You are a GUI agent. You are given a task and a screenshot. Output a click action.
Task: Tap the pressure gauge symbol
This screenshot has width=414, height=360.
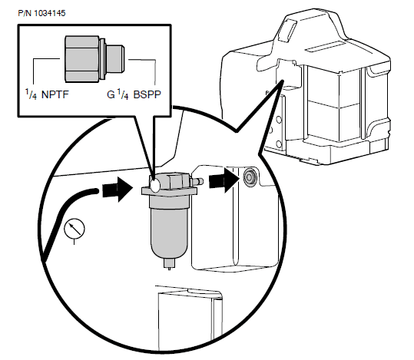point(75,229)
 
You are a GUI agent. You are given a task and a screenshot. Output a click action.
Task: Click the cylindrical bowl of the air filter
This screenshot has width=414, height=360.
point(167,230)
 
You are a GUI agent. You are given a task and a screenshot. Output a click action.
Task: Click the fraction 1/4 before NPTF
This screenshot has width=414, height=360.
point(30,96)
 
